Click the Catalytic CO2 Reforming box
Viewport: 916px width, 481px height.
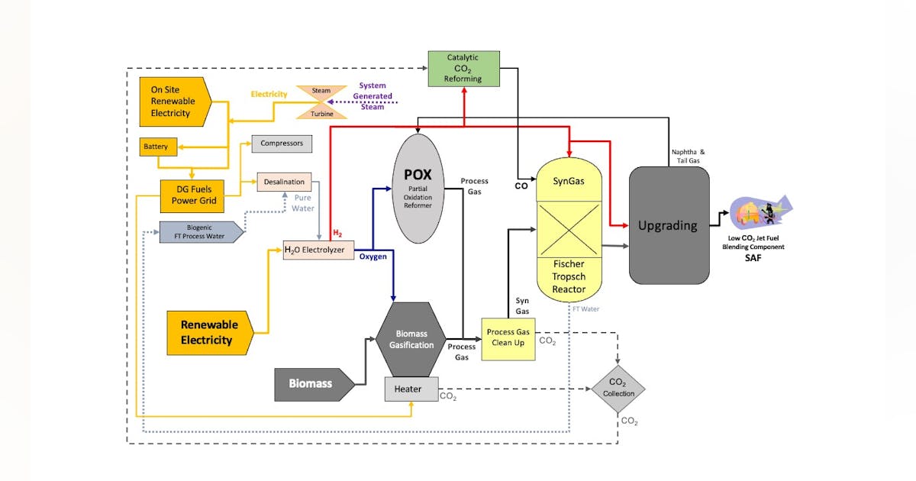[463, 68]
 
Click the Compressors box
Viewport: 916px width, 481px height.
[282, 143]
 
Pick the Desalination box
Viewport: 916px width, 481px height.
[284, 182]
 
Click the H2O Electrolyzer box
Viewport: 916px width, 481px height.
[319, 250]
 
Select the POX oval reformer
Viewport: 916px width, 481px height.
[418, 189]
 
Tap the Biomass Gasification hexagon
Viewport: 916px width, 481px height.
[411, 339]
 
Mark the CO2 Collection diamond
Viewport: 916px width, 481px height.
[618, 388]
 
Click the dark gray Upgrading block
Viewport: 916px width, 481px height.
[669, 225]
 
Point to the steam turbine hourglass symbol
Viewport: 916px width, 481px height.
[321, 102]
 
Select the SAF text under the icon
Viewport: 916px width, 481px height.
[753, 258]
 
